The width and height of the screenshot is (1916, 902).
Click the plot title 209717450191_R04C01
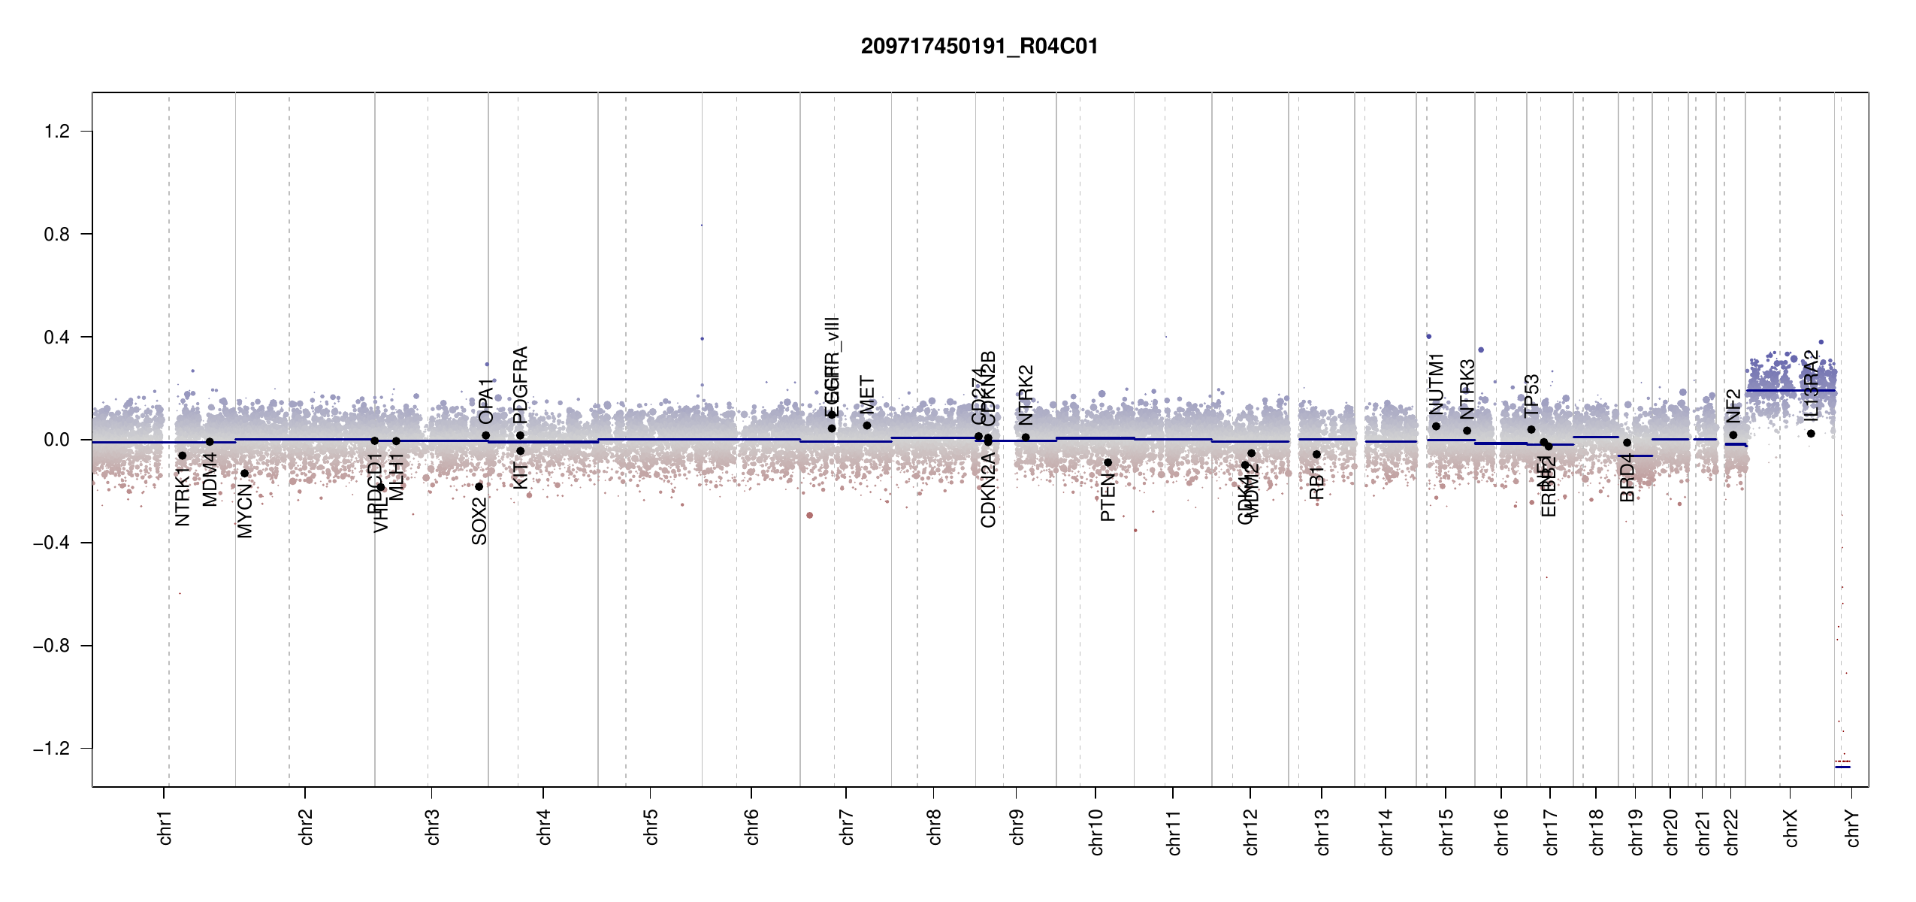pyautogui.click(x=979, y=47)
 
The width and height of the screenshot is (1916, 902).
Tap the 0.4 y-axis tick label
pyautogui.click(x=56, y=337)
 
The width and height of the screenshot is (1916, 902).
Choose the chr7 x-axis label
pyautogui.click(x=847, y=827)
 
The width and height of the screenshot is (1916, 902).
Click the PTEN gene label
pyautogui.click(x=1108, y=498)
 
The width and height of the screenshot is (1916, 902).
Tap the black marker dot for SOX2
pyautogui.click(x=479, y=486)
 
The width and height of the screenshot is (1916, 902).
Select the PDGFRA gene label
pyautogui.click(x=520, y=385)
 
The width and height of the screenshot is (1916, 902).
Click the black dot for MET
pyautogui.click(x=867, y=425)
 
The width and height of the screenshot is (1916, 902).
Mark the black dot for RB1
pyautogui.click(x=1316, y=454)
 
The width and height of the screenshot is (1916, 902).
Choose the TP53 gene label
pyautogui.click(x=1531, y=395)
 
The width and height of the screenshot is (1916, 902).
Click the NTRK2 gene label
pyautogui.click(x=1026, y=395)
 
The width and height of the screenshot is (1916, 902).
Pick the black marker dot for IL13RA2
pyautogui.click(x=1811, y=434)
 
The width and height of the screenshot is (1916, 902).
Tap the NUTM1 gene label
pyautogui.click(x=1436, y=383)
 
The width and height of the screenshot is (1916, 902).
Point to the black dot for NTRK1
pyautogui.click(x=182, y=456)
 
